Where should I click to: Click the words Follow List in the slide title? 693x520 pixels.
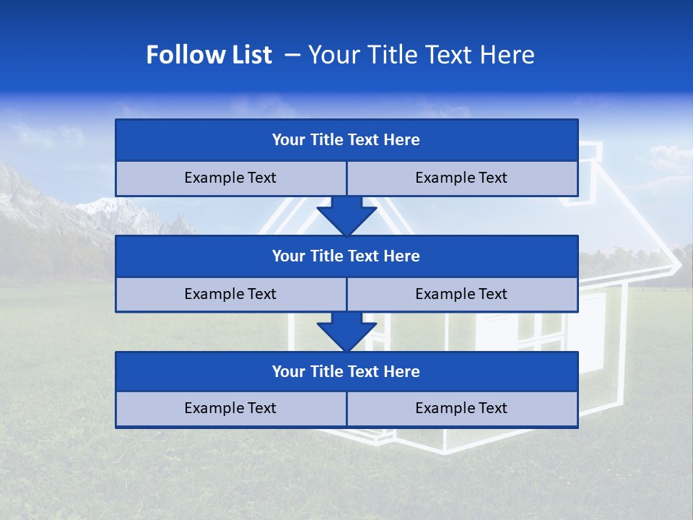pos(209,55)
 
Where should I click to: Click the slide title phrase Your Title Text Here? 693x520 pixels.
pos(421,55)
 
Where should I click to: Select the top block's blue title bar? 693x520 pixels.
pos(346,140)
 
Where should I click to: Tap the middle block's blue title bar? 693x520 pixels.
pos(346,256)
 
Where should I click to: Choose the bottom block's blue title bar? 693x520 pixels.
pos(346,372)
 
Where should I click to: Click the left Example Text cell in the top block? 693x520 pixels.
pos(230,178)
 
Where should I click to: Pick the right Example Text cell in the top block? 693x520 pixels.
pos(462,178)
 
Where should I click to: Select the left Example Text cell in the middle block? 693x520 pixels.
pos(230,295)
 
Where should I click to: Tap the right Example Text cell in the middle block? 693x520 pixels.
pos(462,295)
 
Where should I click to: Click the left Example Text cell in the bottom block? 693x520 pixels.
pos(230,409)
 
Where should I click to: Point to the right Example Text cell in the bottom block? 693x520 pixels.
pos(462,409)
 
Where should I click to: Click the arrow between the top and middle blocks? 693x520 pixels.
pos(346,214)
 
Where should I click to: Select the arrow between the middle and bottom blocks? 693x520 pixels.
pos(346,331)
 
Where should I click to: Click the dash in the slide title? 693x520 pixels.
pos(292,55)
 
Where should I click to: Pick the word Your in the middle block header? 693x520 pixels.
pos(288,256)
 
